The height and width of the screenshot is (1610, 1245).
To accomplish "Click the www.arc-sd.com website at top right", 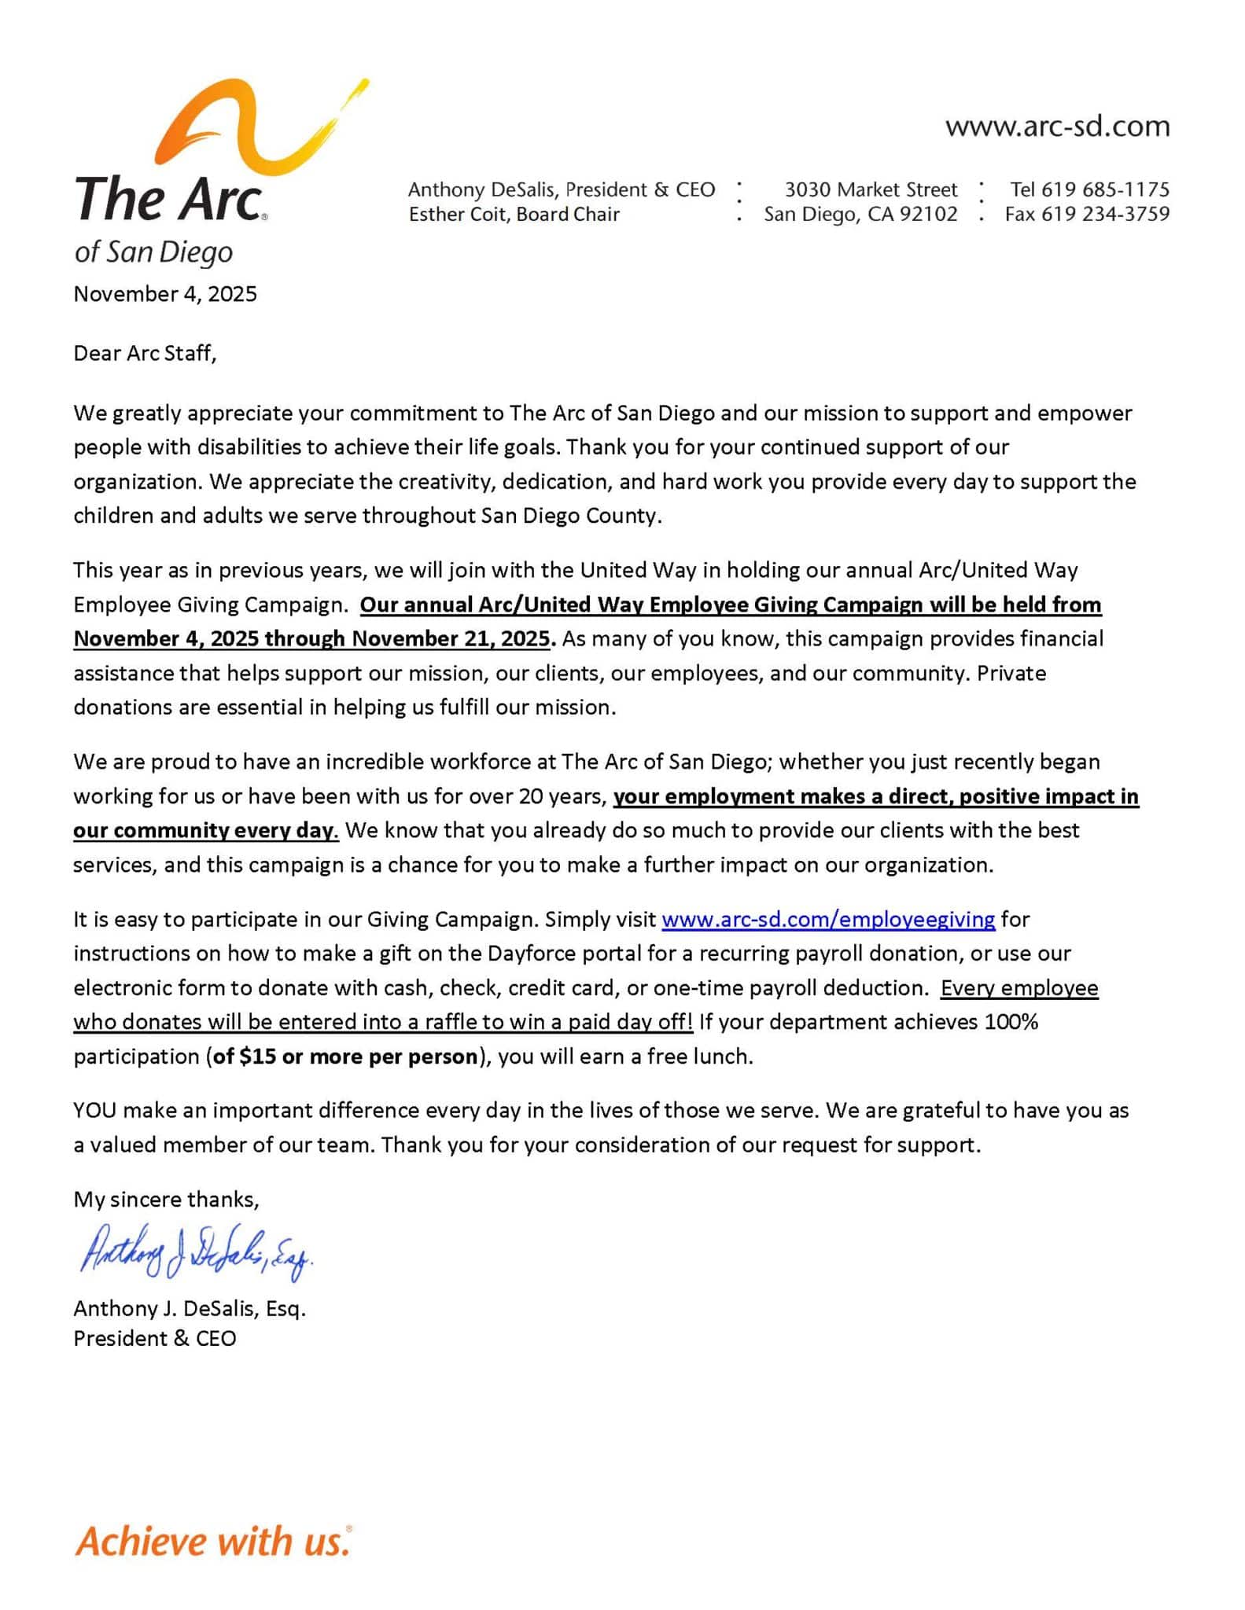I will [1057, 127].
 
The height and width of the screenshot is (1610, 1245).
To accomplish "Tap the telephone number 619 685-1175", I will [1105, 189].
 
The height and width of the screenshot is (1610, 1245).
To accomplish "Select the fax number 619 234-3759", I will [1105, 214].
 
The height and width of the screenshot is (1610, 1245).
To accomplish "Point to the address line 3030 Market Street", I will [871, 189].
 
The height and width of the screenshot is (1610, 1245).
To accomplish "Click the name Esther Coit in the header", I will [458, 214].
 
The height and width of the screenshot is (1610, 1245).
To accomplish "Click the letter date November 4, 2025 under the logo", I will [165, 294].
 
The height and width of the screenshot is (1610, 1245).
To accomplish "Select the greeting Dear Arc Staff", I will [145, 353].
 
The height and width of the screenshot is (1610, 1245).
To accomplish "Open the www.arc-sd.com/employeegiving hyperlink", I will [828, 919].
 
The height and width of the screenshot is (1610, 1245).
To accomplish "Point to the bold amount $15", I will [257, 1056].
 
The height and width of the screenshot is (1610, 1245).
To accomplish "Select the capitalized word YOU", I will [94, 1111].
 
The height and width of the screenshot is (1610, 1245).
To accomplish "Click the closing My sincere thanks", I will [166, 1199].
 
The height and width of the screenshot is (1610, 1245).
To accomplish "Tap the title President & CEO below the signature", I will [155, 1338].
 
